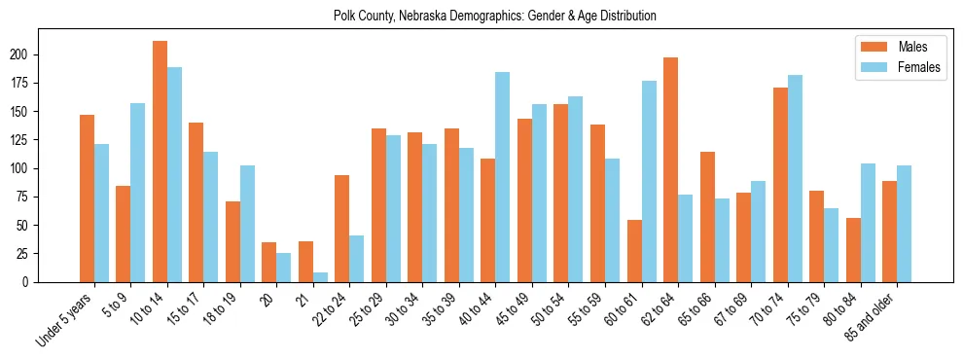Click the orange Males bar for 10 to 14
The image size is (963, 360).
160,162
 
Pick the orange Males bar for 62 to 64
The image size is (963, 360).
670,169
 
